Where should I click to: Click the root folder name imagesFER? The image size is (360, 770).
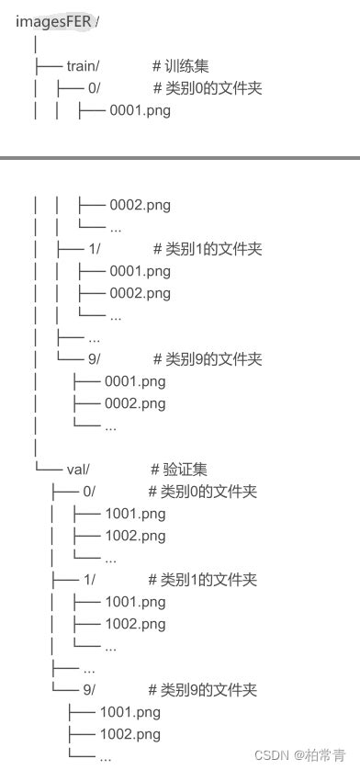pos(54,21)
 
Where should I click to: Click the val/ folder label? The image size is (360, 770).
pos(78,470)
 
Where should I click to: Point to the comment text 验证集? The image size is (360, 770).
pos(181,470)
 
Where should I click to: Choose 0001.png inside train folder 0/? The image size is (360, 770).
pos(140,110)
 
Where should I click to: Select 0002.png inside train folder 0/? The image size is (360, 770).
pos(140,205)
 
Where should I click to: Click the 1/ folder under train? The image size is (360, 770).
pos(95,249)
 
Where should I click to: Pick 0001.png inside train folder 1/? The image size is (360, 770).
pos(140,271)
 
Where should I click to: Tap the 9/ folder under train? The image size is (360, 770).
pos(95,358)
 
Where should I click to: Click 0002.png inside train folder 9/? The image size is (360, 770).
pos(135,402)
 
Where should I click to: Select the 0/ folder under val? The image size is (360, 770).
pos(89,492)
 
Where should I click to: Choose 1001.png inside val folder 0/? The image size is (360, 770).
pos(135,514)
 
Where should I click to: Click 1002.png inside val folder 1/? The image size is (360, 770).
pos(135,624)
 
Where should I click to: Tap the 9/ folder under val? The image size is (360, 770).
pos(89,689)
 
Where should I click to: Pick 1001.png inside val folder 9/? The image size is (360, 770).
pos(129,711)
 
